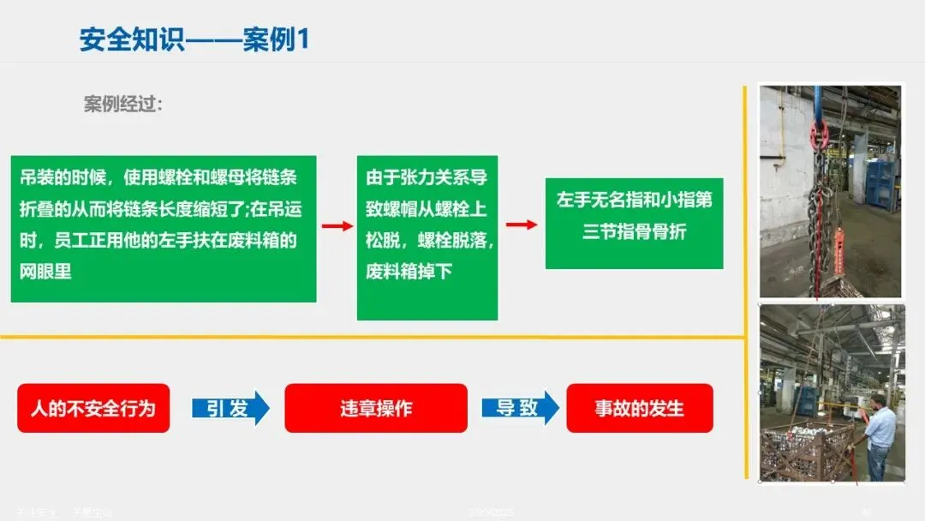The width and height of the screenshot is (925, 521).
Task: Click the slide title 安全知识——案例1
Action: point(194,40)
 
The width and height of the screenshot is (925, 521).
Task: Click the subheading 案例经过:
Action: point(122,105)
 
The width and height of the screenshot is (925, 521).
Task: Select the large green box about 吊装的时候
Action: point(164,228)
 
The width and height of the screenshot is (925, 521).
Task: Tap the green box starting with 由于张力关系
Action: point(427,237)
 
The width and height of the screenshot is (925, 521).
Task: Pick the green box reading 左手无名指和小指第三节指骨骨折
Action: point(634,223)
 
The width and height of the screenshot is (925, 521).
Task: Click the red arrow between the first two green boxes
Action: point(337,226)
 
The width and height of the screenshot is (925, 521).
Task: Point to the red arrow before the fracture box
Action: point(521,225)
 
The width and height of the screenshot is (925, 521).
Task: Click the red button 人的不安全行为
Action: point(93,408)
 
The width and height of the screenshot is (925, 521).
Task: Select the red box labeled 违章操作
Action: point(375,408)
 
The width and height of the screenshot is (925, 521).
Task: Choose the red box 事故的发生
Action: point(640,408)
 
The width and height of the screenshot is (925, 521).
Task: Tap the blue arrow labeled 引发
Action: point(230,408)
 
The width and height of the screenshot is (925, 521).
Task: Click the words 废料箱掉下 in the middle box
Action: point(409,272)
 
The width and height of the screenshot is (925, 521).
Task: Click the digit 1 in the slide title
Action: point(301,40)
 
